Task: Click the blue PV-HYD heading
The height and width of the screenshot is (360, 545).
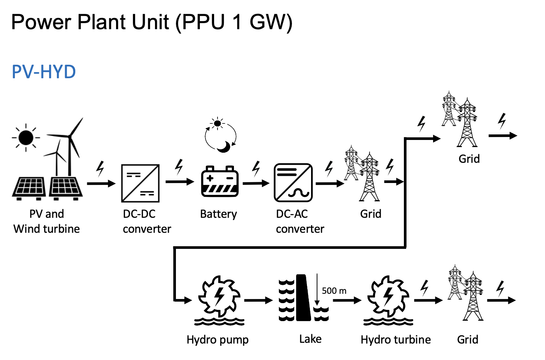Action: coord(44,72)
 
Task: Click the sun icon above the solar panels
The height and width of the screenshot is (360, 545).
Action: coord(26,138)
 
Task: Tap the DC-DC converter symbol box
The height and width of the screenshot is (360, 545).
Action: coord(140,183)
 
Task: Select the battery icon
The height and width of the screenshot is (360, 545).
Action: coord(220,182)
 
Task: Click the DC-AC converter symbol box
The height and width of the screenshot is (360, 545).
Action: coord(293,183)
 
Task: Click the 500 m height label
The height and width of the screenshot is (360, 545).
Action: coord(334,291)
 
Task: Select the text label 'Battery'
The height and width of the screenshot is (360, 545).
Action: coord(219,214)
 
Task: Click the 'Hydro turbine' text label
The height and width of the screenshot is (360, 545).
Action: coord(396,339)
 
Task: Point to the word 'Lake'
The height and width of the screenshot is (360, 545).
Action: coord(310,339)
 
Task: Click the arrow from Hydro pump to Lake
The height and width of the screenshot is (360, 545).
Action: coord(258,300)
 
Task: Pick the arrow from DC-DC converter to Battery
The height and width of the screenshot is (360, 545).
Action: coord(180,182)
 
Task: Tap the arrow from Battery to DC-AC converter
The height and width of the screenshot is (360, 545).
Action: coord(256,183)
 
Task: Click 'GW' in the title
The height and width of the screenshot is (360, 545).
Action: coord(271,22)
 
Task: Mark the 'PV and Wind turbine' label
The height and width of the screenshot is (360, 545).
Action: coord(47,221)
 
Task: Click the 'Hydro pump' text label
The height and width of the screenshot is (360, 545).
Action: coord(217,340)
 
